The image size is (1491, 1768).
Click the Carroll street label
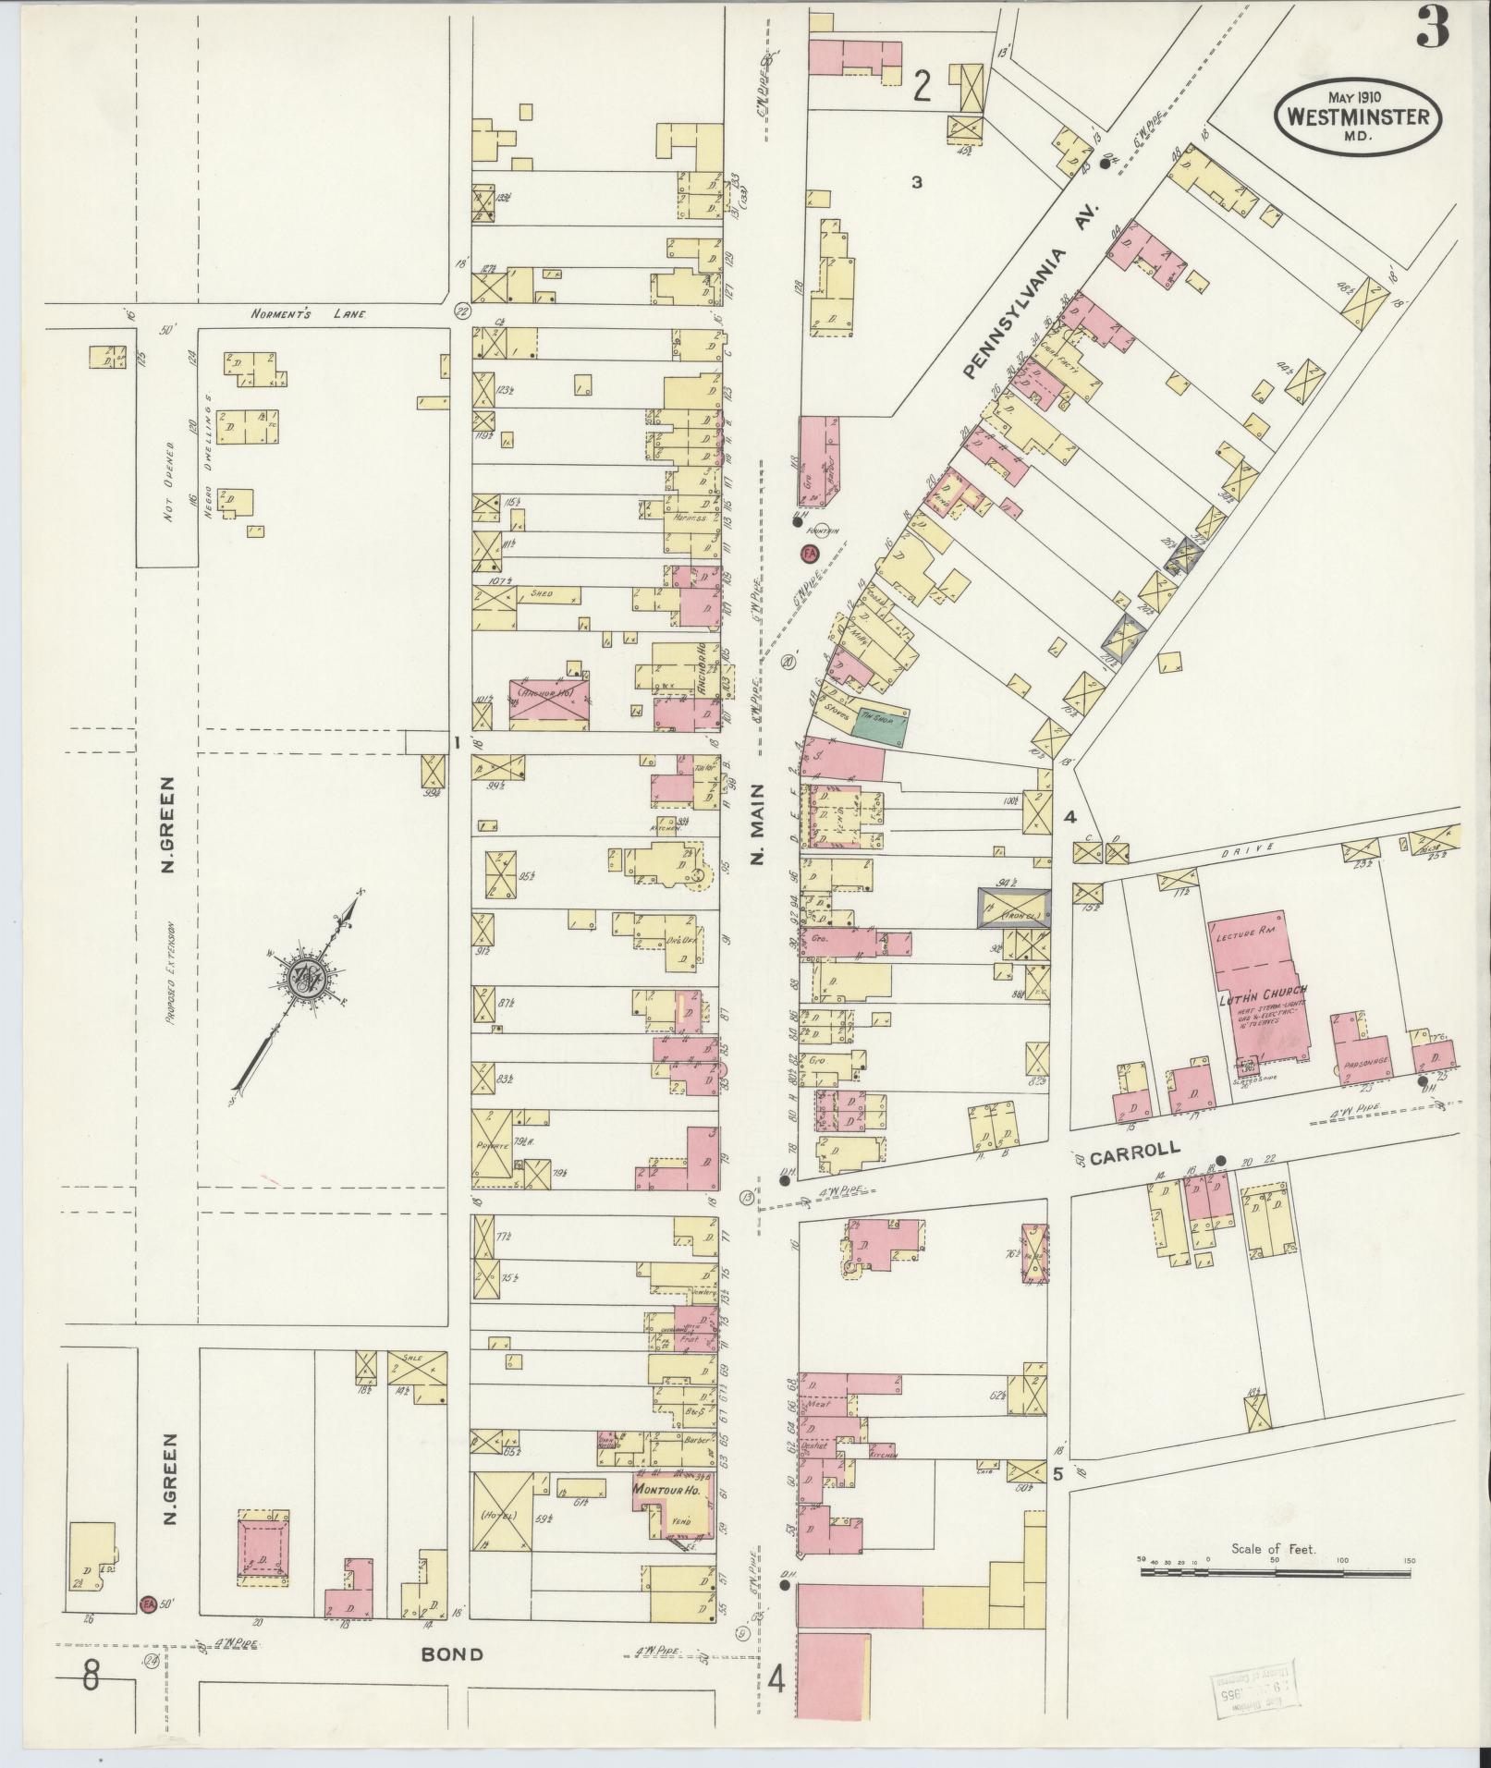coord(1147,1151)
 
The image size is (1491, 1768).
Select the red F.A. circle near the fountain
coord(810,555)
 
